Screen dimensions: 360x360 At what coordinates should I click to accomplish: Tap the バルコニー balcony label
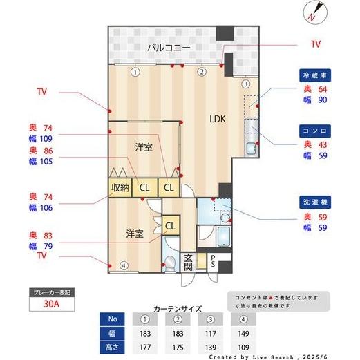pyautogui.click(x=169, y=48)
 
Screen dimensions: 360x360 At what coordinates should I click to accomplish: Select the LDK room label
pyautogui.click(x=218, y=118)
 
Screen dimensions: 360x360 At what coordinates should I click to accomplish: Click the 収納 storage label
pyautogui.click(x=120, y=187)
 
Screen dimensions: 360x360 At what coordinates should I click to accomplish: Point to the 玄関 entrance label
pyautogui.click(x=188, y=262)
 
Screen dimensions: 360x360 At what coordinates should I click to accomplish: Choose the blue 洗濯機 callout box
pyautogui.click(x=314, y=202)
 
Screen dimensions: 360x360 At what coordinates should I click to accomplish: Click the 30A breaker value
pyautogui.click(x=50, y=303)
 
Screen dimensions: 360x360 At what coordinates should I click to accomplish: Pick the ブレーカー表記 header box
pyautogui.click(x=50, y=292)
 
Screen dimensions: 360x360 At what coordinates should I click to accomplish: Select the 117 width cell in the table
pyautogui.click(x=209, y=332)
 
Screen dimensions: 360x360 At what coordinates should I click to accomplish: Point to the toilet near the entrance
pyautogui.click(x=169, y=263)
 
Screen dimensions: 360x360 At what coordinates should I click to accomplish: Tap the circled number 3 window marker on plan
pyautogui.click(x=245, y=84)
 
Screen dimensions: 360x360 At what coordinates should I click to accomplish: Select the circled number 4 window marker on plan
pyautogui.click(x=123, y=265)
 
